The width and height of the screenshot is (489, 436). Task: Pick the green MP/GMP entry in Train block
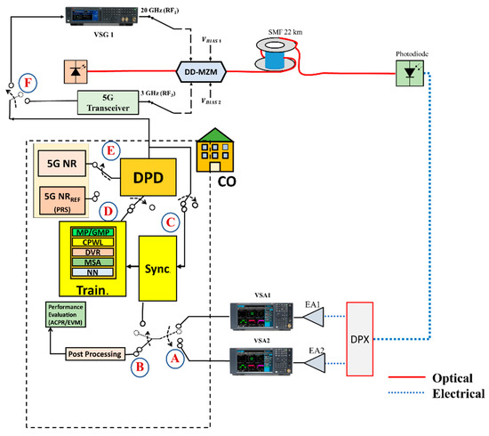point(93,233)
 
